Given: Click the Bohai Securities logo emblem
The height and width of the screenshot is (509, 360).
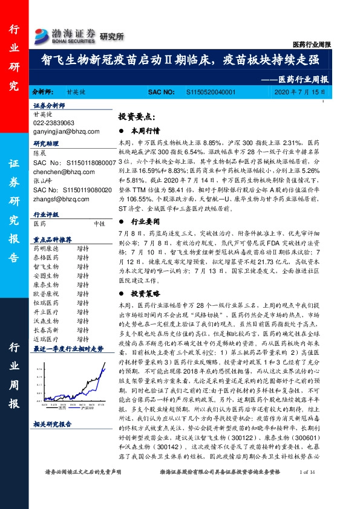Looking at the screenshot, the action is pos(42,34).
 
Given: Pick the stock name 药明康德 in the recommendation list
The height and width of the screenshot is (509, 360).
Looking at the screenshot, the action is pos(44,248).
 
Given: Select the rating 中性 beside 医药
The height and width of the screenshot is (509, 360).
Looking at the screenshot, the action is pos(100,223).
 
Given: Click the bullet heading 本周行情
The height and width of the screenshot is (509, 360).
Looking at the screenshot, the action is pos(148,130).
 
